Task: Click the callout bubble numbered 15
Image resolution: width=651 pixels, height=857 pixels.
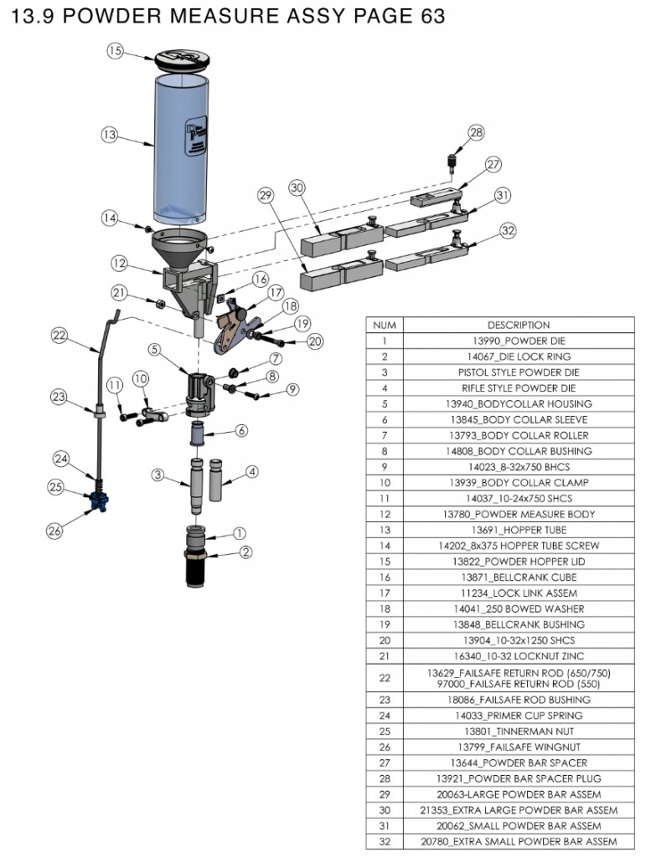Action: [116, 51]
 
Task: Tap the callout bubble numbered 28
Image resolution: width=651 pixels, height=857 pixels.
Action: [475, 132]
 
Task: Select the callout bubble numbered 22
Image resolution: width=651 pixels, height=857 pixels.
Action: [59, 335]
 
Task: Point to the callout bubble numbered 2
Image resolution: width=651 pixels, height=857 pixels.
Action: [245, 552]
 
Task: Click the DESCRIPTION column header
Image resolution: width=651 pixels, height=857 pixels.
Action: [519, 325]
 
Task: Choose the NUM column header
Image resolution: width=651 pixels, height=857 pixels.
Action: [385, 325]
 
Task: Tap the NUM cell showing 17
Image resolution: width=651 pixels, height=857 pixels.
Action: [385, 593]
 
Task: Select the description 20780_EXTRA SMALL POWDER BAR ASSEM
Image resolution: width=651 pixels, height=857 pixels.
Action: [519, 841]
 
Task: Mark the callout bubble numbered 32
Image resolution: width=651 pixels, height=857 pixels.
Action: [507, 230]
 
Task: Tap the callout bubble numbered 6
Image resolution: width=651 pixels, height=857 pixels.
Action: [242, 430]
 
